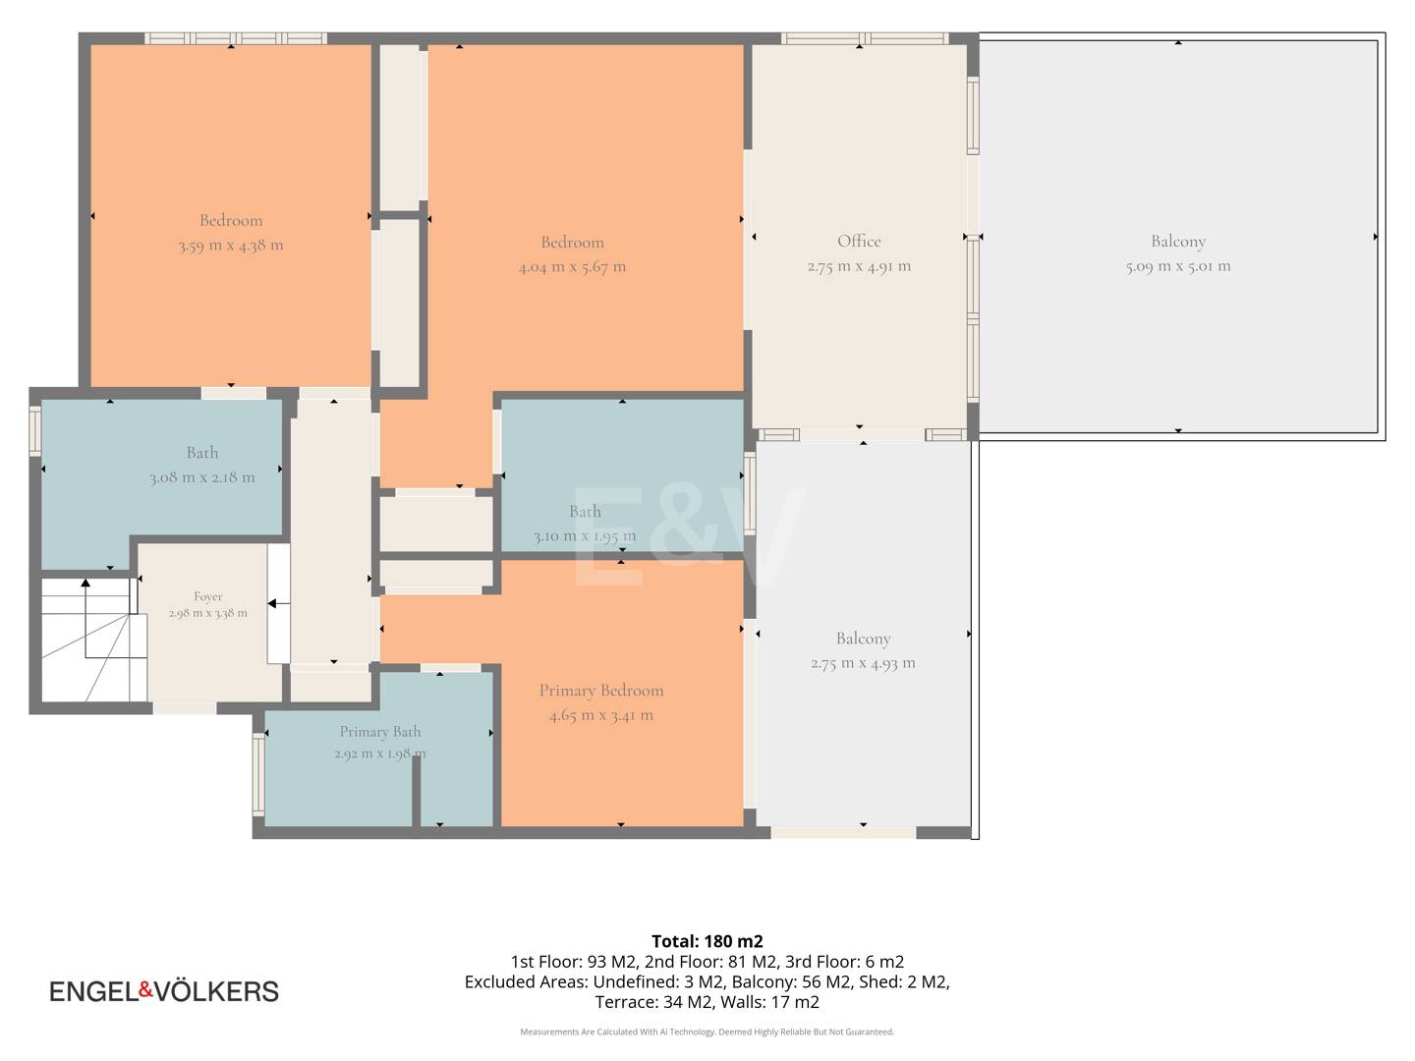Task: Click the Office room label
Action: [x=859, y=241]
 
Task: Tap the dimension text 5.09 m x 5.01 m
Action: [x=1178, y=266]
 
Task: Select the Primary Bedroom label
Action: [x=600, y=691]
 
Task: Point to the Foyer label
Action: [x=207, y=596]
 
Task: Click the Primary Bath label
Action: [x=379, y=731]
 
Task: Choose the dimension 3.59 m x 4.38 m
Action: [x=231, y=245]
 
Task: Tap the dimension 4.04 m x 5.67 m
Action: [x=573, y=266]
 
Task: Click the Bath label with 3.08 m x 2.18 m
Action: [x=201, y=453]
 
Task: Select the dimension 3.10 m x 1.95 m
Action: [x=585, y=536]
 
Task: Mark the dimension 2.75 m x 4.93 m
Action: [x=863, y=663]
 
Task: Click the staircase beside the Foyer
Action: [x=89, y=639]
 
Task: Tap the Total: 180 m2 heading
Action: [x=707, y=941]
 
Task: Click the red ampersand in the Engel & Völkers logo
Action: [x=145, y=989]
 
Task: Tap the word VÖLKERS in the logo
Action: [x=216, y=990]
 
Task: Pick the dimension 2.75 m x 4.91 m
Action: [x=859, y=266]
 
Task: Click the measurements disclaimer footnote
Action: [x=707, y=1032]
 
